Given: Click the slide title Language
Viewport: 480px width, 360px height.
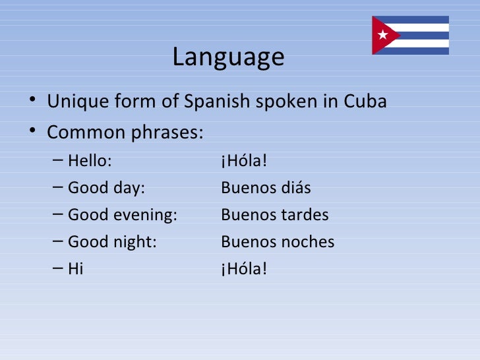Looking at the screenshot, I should point(228,57).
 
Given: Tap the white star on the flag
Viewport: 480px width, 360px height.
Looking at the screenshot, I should point(382,35).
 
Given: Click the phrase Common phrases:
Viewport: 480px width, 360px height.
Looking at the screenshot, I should point(125,133).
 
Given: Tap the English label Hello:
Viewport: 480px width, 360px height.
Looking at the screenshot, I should point(90,161).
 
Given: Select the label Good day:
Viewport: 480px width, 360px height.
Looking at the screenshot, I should point(105,189).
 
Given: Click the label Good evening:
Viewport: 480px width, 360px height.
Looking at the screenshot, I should point(123,215).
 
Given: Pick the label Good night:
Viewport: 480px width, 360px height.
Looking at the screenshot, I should point(112,242).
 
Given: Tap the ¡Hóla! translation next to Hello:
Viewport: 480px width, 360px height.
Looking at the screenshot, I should point(244,161).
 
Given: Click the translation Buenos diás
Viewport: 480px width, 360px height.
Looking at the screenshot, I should point(266,189).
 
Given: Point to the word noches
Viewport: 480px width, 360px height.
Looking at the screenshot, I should point(308,242).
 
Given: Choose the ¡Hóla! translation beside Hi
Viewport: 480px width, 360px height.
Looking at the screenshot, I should point(244,269).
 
